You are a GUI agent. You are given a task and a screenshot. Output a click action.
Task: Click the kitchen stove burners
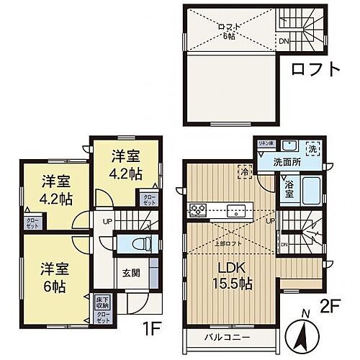click(x=198, y=210)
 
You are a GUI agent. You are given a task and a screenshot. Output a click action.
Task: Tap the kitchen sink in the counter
click(x=235, y=211)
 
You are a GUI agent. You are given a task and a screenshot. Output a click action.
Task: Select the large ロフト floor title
click(x=315, y=70)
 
